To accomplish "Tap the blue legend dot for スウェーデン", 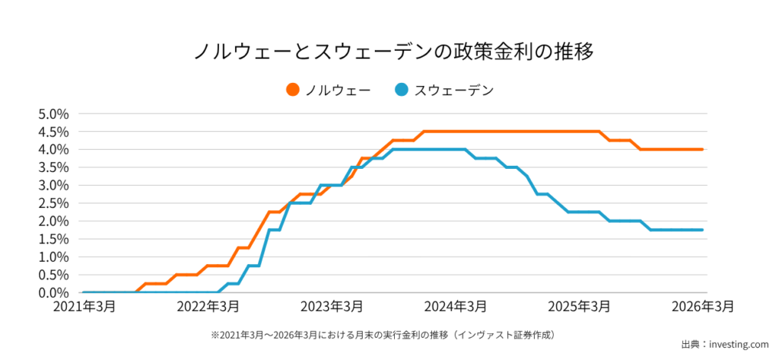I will point(402,90).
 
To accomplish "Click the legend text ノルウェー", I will point(338,90).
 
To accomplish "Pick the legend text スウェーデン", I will point(454,90).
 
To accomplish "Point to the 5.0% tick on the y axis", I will point(53,114).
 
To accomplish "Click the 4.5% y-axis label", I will point(53,132).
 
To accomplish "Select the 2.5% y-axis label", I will point(53,203).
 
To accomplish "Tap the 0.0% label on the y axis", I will point(53,293).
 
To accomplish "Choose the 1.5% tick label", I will point(53,239).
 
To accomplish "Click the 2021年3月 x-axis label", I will point(84,307).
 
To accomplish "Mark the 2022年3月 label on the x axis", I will point(208,307).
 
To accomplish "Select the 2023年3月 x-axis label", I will point(332,307).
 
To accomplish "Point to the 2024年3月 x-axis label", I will point(456,307).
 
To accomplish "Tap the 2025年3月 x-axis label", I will point(580,307).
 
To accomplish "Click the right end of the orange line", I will point(701,149).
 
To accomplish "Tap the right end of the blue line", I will point(701,230).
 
